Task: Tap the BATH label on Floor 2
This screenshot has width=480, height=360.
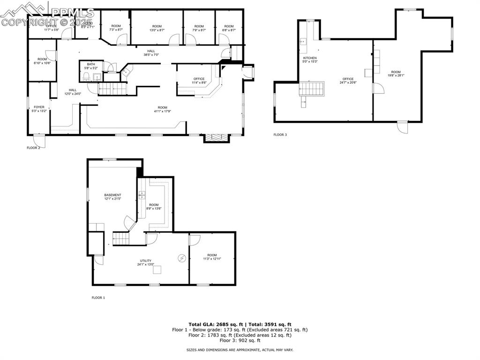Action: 87,66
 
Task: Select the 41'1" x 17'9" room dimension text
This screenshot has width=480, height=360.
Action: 162,111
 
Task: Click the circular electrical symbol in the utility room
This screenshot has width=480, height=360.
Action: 182,258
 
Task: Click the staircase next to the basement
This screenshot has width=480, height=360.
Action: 121,239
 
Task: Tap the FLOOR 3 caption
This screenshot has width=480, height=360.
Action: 280,135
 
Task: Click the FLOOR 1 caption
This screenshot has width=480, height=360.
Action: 98,298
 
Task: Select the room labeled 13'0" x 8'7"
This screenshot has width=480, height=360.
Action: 157,28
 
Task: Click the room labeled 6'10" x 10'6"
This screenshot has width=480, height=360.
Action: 42,61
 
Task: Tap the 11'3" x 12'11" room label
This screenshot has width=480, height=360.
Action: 212,257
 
